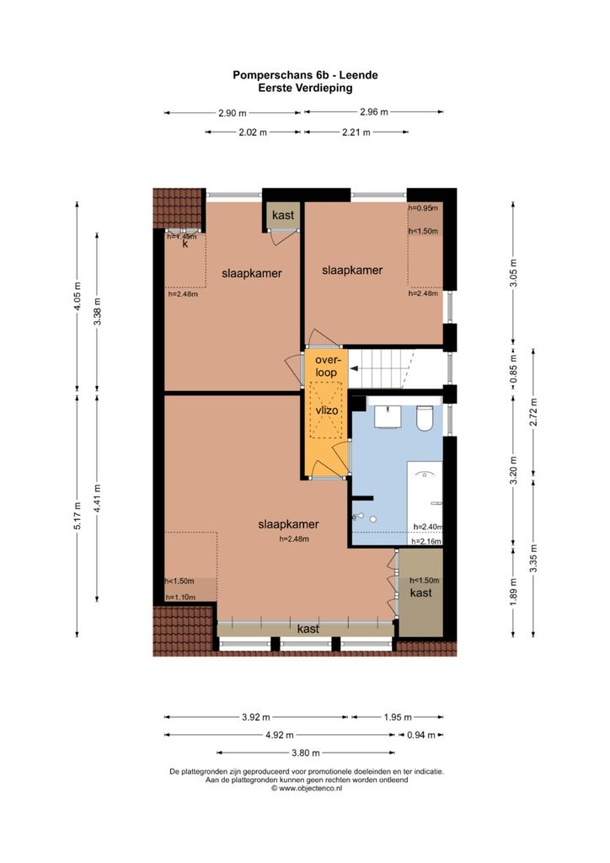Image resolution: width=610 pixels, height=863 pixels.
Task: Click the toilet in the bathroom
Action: [425, 418]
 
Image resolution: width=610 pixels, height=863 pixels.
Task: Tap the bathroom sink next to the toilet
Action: [390, 416]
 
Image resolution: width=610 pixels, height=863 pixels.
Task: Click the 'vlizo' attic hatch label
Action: [327, 410]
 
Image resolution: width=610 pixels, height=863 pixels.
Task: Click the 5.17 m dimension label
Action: [77, 516]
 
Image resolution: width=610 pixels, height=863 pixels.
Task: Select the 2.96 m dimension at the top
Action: [374, 112]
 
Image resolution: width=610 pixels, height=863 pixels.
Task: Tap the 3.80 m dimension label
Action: [306, 753]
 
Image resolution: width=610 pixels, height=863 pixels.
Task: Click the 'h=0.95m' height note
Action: [423, 208]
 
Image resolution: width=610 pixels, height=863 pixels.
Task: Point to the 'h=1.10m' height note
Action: [180, 598]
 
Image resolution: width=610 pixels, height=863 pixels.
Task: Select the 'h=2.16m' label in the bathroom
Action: [427, 541]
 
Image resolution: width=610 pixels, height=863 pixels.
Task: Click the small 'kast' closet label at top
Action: [283, 215]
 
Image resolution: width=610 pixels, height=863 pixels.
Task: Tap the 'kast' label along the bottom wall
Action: [308, 629]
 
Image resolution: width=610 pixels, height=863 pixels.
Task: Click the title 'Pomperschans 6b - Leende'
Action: [305, 75]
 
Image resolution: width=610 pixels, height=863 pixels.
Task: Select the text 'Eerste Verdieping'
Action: [305, 88]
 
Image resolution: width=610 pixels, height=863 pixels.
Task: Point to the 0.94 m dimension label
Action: [420, 735]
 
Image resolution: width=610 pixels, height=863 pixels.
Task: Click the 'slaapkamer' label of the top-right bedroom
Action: [352, 271]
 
